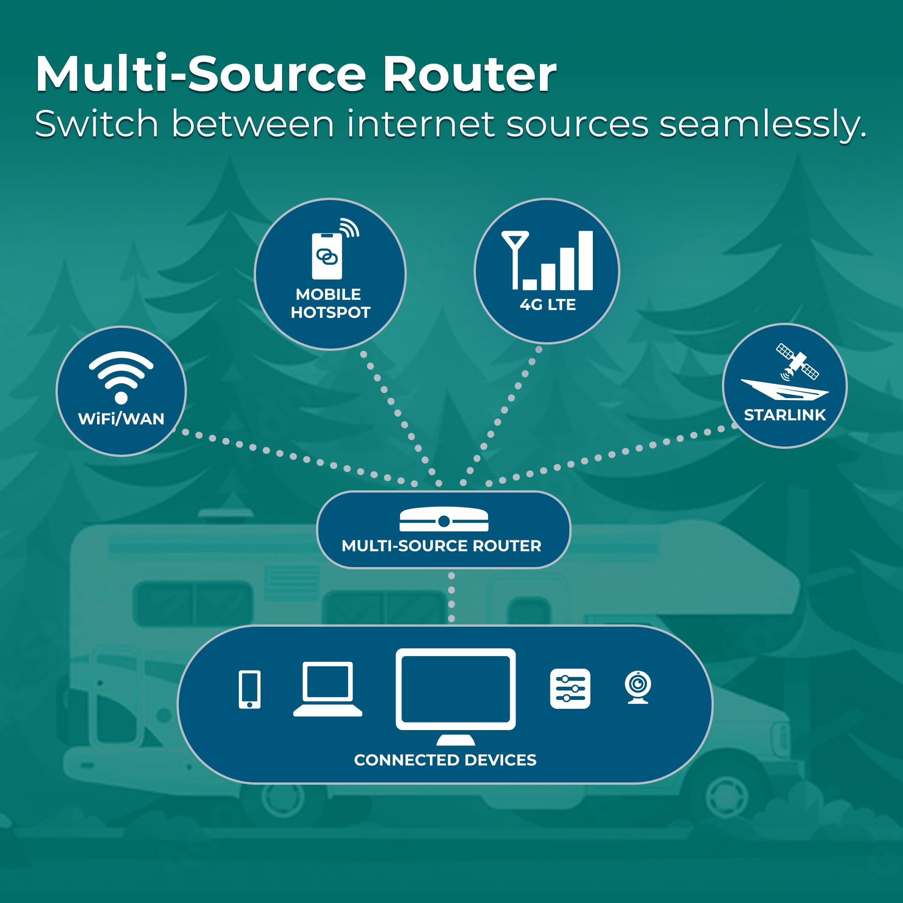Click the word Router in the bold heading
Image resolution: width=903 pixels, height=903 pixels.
tap(469, 74)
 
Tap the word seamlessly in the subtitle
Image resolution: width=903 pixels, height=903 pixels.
tap(763, 125)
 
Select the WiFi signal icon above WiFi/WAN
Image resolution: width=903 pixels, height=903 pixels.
tap(121, 377)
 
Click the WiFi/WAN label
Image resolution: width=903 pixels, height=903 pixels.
tap(121, 419)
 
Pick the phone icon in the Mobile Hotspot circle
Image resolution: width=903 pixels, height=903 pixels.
tap(327, 256)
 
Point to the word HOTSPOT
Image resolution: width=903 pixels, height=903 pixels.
tap(330, 312)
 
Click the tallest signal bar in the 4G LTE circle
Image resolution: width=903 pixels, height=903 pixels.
tap(586, 261)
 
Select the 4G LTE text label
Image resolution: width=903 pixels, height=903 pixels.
tap(548, 305)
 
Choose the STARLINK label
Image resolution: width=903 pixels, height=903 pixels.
tap(785, 415)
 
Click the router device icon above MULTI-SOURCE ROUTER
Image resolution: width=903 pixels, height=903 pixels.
tap(444, 519)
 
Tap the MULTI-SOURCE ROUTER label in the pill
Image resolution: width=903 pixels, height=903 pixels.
tap(442, 546)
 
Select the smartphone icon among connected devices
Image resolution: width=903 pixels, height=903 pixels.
tap(250, 689)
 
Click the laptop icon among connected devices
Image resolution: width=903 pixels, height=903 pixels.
tap(328, 689)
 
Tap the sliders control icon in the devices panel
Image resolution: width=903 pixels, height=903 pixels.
tap(570, 689)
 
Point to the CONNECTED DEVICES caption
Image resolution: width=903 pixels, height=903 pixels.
tap(445, 760)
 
